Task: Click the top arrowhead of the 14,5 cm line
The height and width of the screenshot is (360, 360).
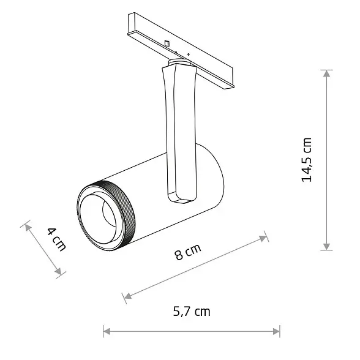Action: (x=328, y=73)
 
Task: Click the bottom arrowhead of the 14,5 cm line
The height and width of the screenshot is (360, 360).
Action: (x=328, y=246)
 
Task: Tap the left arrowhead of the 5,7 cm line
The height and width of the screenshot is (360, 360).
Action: (x=107, y=332)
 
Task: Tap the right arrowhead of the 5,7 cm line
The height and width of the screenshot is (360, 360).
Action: (x=277, y=332)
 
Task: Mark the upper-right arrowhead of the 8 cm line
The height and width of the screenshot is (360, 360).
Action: (x=264, y=237)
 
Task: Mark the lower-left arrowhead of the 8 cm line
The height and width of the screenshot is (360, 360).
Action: (x=127, y=298)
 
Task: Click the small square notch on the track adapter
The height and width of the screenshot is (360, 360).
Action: (x=167, y=43)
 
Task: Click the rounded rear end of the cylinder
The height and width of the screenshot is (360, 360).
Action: (x=217, y=178)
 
